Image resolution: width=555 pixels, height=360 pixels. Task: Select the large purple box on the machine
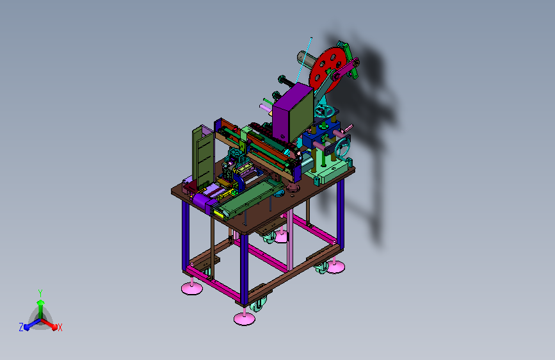(293, 113)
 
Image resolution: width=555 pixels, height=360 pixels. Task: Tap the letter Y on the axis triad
(40, 293)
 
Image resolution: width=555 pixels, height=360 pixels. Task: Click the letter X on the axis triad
(60, 327)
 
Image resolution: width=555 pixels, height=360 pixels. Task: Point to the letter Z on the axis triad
(21, 327)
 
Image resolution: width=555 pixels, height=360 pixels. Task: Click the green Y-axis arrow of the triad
(41, 309)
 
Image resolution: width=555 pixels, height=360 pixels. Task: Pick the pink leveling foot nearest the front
(245, 318)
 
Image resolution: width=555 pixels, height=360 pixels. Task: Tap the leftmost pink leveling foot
(192, 288)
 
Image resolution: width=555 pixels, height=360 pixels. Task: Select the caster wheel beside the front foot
(259, 304)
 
